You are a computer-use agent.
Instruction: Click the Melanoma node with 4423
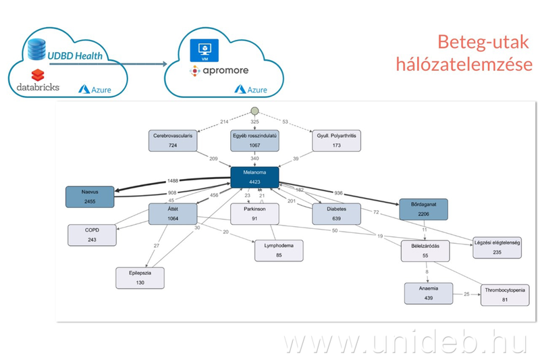pos(254,178)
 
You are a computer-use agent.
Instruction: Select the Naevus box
pos(89,197)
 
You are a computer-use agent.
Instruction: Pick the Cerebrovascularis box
pos(173,140)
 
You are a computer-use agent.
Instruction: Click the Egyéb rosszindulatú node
pos(254,140)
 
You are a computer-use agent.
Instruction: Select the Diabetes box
pos(335,214)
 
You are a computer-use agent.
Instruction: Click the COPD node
pos(92,235)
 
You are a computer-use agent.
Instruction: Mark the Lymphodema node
pos(278,250)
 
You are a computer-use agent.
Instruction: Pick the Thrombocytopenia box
pos(504,295)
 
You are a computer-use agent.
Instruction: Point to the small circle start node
pos(254,112)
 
